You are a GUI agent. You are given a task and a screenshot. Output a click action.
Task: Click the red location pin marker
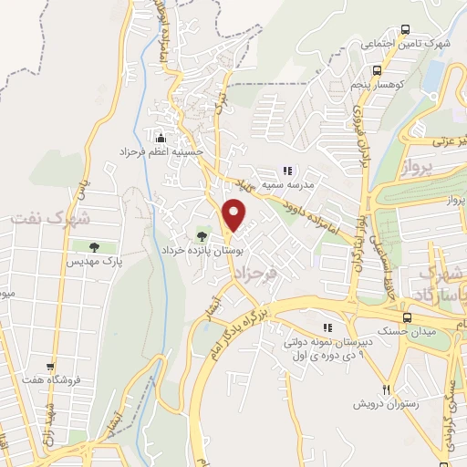[235, 215]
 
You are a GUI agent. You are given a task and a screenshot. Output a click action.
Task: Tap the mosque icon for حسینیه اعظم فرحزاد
[161, 138]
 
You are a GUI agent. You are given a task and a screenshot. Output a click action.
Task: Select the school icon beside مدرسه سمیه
[287, 170]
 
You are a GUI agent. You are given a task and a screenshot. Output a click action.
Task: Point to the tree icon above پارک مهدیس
[94, 247]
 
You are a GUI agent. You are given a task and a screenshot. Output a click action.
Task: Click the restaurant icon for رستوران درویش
[386, 389]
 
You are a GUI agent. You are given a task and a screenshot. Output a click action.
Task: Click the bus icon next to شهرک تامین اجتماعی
[453, 44]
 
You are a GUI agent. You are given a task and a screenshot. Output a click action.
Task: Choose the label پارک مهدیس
[93, 262]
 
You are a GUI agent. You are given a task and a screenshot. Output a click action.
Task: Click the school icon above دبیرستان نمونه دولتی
[327, 328]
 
